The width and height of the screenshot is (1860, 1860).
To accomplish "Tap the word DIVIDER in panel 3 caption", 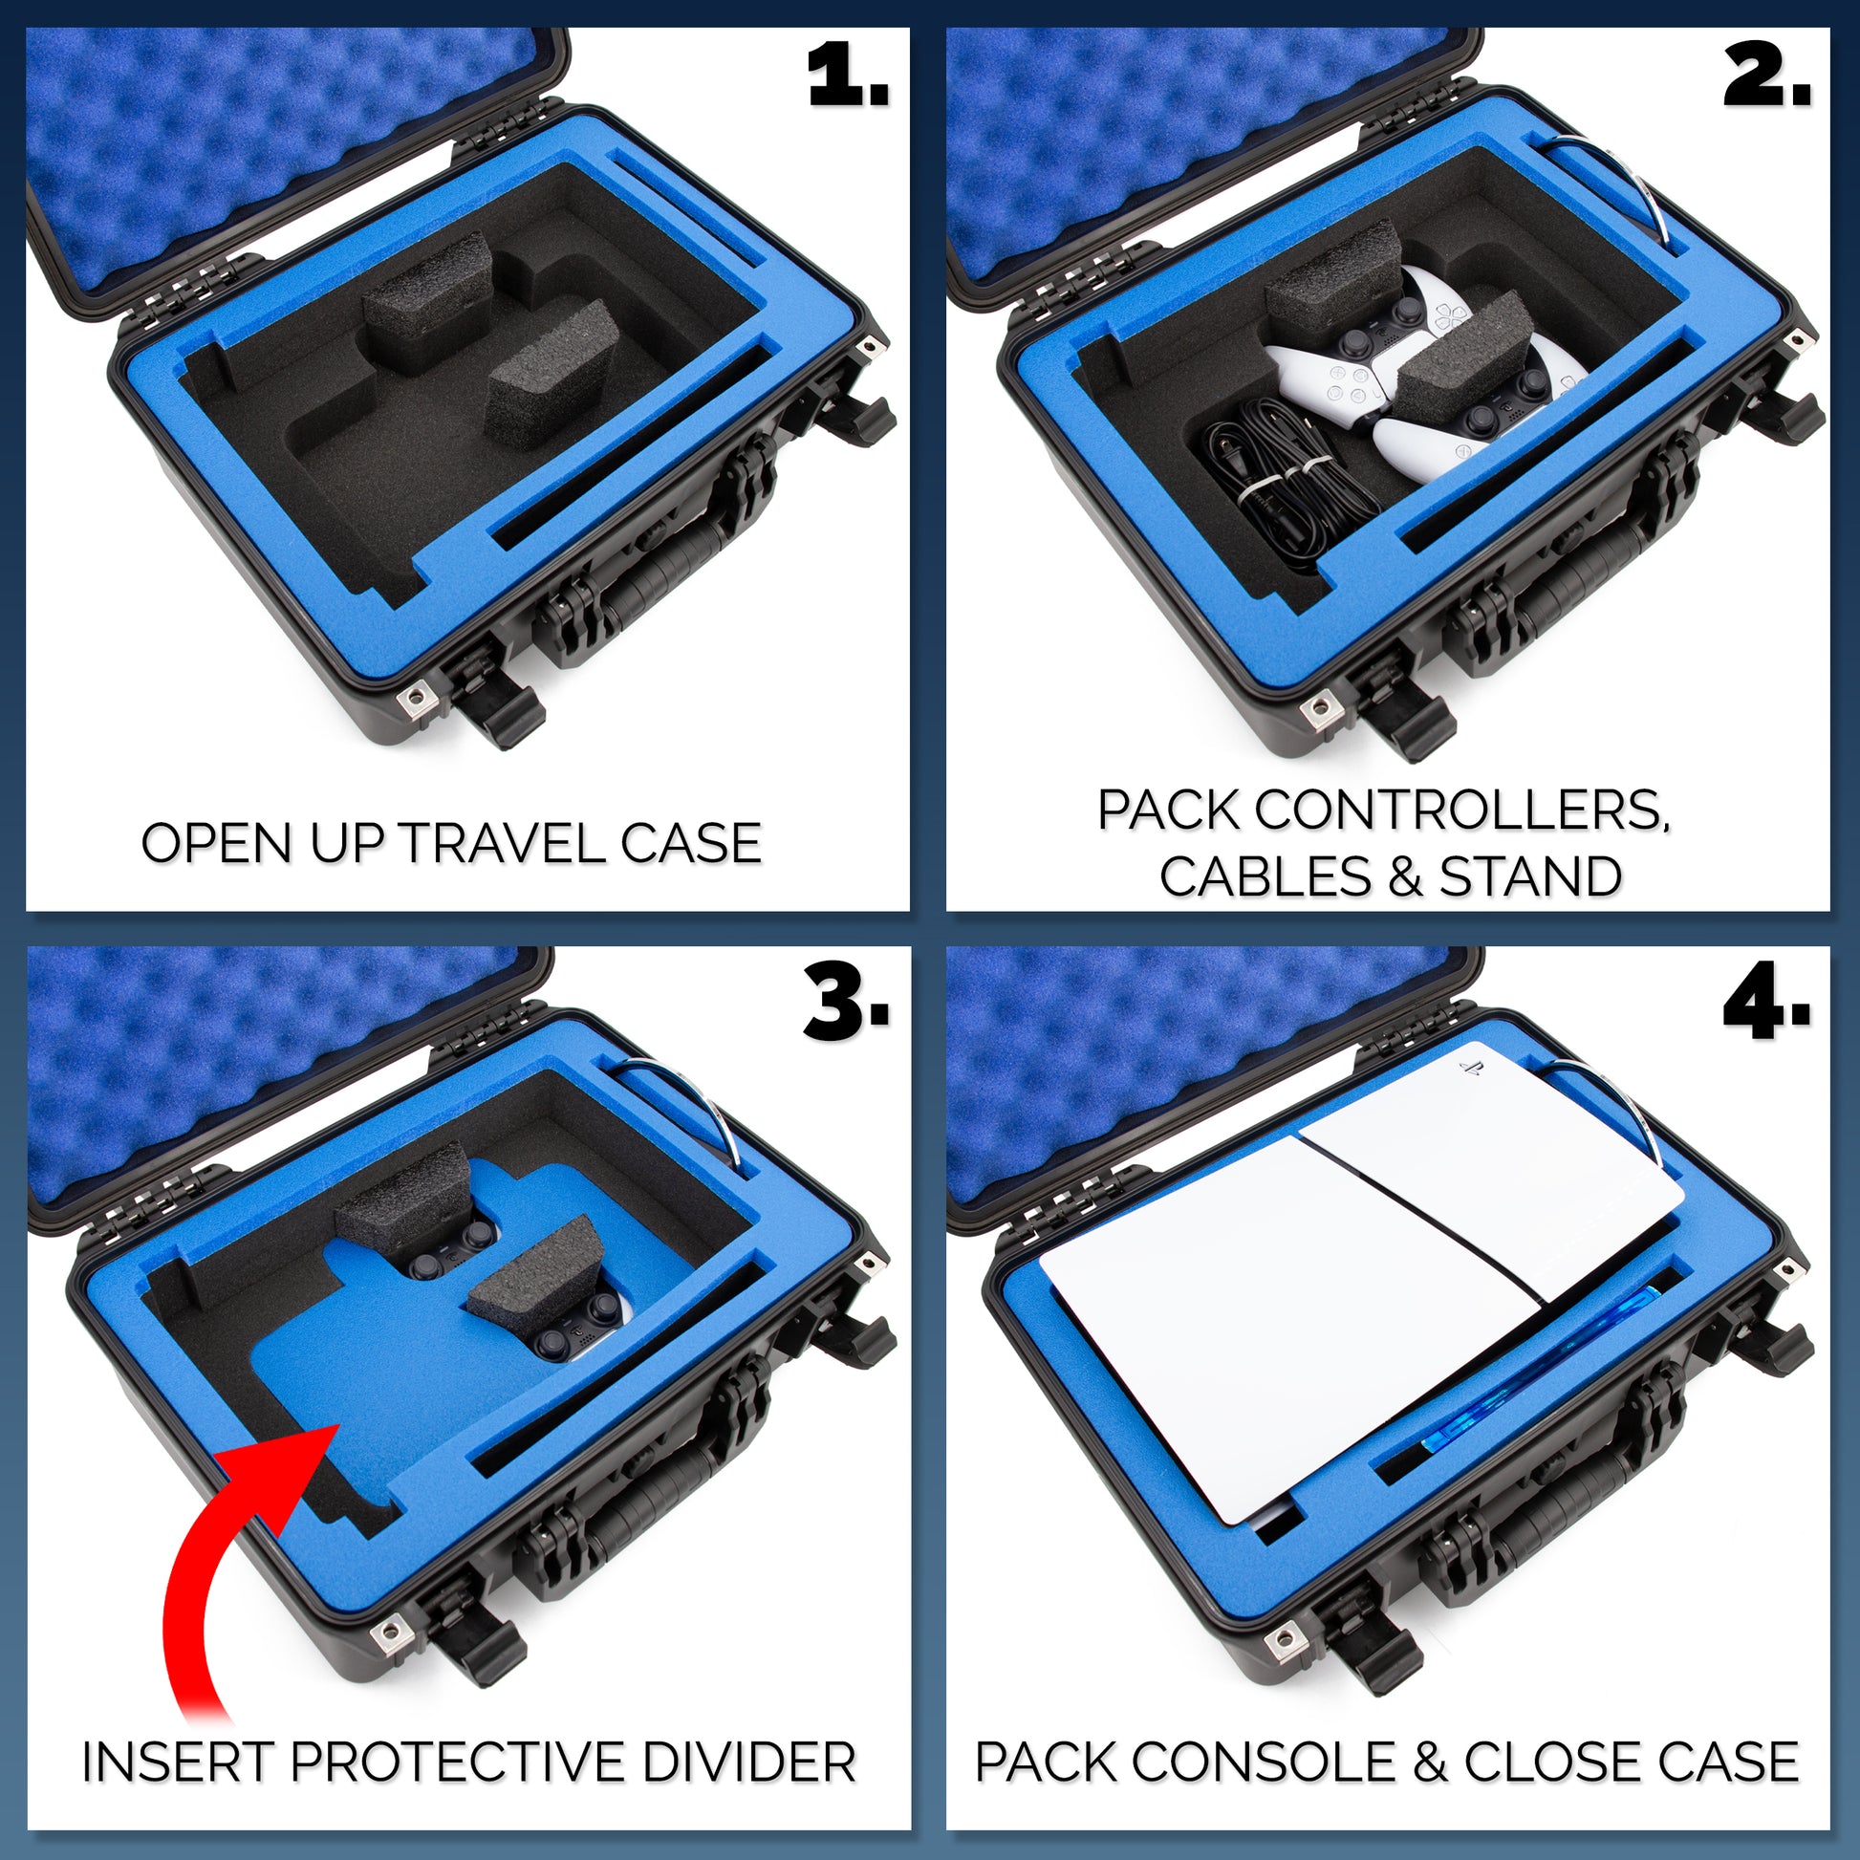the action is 749,1763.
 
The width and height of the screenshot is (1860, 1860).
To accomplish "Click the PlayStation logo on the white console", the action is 1470,1068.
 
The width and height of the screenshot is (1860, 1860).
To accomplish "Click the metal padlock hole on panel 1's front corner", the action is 417,697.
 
